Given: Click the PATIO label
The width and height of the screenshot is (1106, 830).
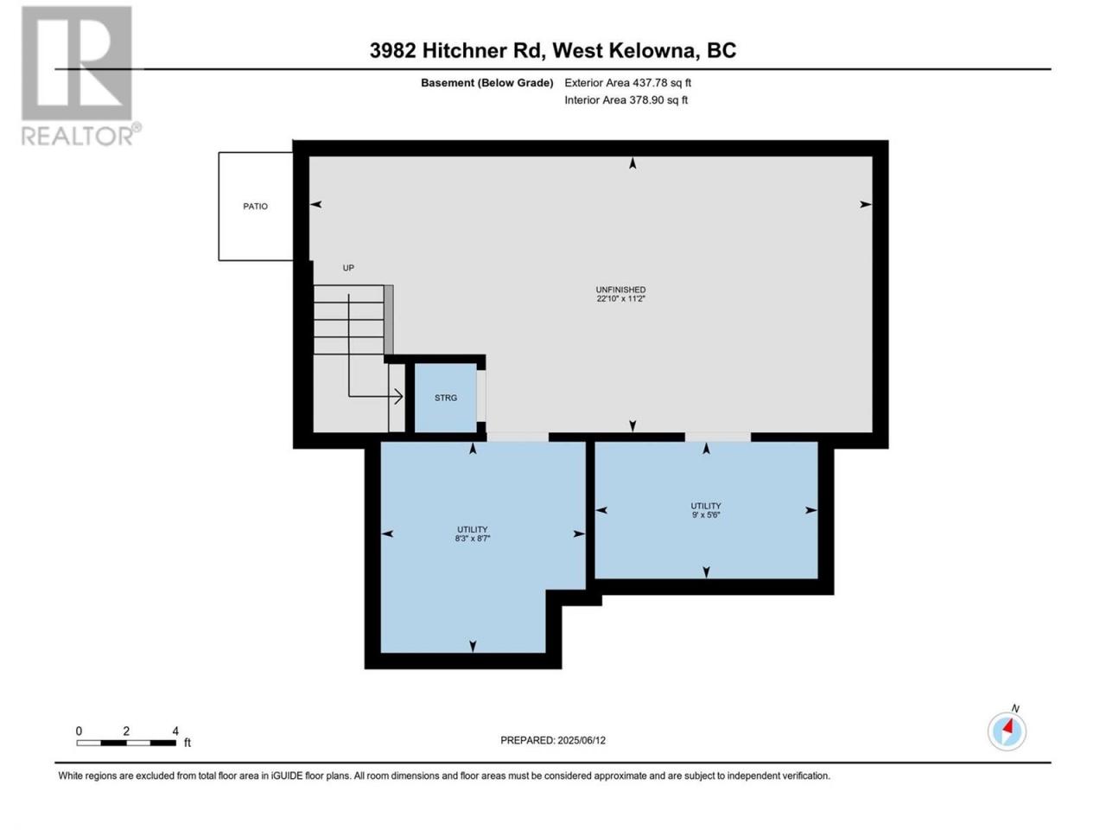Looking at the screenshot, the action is point(255,206).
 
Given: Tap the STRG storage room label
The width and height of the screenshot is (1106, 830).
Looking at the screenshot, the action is point(445,398).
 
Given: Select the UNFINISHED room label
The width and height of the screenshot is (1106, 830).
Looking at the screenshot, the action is point(620,290).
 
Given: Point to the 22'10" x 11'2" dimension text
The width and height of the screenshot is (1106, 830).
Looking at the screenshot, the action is point(620,299).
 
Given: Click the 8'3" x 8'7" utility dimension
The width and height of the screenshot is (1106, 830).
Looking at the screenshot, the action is point(472,539).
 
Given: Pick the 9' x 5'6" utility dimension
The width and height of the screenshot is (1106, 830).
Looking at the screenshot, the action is point(705,514).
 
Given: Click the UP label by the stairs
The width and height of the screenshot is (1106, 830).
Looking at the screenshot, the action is point(348,268).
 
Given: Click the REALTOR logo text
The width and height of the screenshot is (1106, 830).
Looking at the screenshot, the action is point(78,136).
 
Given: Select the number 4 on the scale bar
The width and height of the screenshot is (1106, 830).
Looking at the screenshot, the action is point(175,731).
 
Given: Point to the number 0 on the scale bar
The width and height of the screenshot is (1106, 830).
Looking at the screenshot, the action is point(79,731).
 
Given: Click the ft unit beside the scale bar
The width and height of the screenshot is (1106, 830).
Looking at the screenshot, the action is point(188,743).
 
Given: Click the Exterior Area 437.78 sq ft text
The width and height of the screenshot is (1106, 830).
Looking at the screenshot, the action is point(628,83).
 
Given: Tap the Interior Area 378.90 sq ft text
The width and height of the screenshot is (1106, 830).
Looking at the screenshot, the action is point(626,99).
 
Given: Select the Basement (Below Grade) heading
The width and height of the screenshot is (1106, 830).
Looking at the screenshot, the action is point(486,83).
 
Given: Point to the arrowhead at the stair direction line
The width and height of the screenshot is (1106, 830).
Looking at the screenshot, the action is point(399,397).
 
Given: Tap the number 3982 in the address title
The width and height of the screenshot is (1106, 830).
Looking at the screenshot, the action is point(392,50).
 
